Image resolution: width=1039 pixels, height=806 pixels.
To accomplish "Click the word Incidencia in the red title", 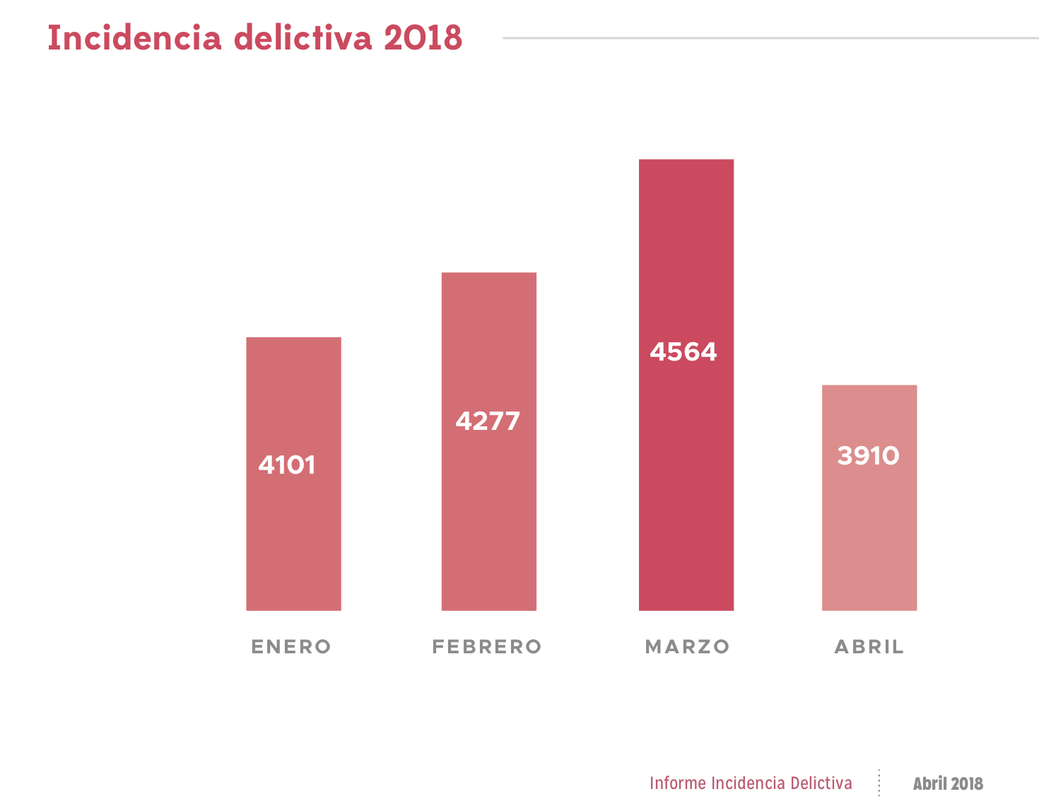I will (134, 38).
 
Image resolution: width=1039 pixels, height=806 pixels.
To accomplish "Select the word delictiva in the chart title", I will (303, 38).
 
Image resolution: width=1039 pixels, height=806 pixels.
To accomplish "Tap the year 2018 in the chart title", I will (423, 38).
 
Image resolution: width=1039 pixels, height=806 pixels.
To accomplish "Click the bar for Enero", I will (293, 537).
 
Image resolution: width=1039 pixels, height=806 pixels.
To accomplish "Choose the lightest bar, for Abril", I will (869, 537).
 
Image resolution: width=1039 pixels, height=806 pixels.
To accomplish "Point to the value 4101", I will (287, 465).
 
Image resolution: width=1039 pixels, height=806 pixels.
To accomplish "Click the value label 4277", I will (488, 421).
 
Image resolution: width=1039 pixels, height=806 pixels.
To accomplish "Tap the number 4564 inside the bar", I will (683, 352).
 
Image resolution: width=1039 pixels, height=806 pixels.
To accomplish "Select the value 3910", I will (868, 456).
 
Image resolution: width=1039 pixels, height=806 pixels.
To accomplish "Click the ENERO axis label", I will (291, 647).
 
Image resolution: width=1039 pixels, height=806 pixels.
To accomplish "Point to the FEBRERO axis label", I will (487, 647).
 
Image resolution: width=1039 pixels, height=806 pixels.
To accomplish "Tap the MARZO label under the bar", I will (687, 647).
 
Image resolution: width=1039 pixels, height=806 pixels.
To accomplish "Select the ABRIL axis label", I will (869, 647).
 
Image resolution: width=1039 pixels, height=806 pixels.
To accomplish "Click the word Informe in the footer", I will (678, 783).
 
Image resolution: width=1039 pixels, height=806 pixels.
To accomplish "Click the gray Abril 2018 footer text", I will (948, 783).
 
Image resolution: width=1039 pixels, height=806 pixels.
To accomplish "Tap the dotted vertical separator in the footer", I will (879, 783).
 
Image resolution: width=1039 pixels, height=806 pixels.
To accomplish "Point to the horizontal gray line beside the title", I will (770, 38).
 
